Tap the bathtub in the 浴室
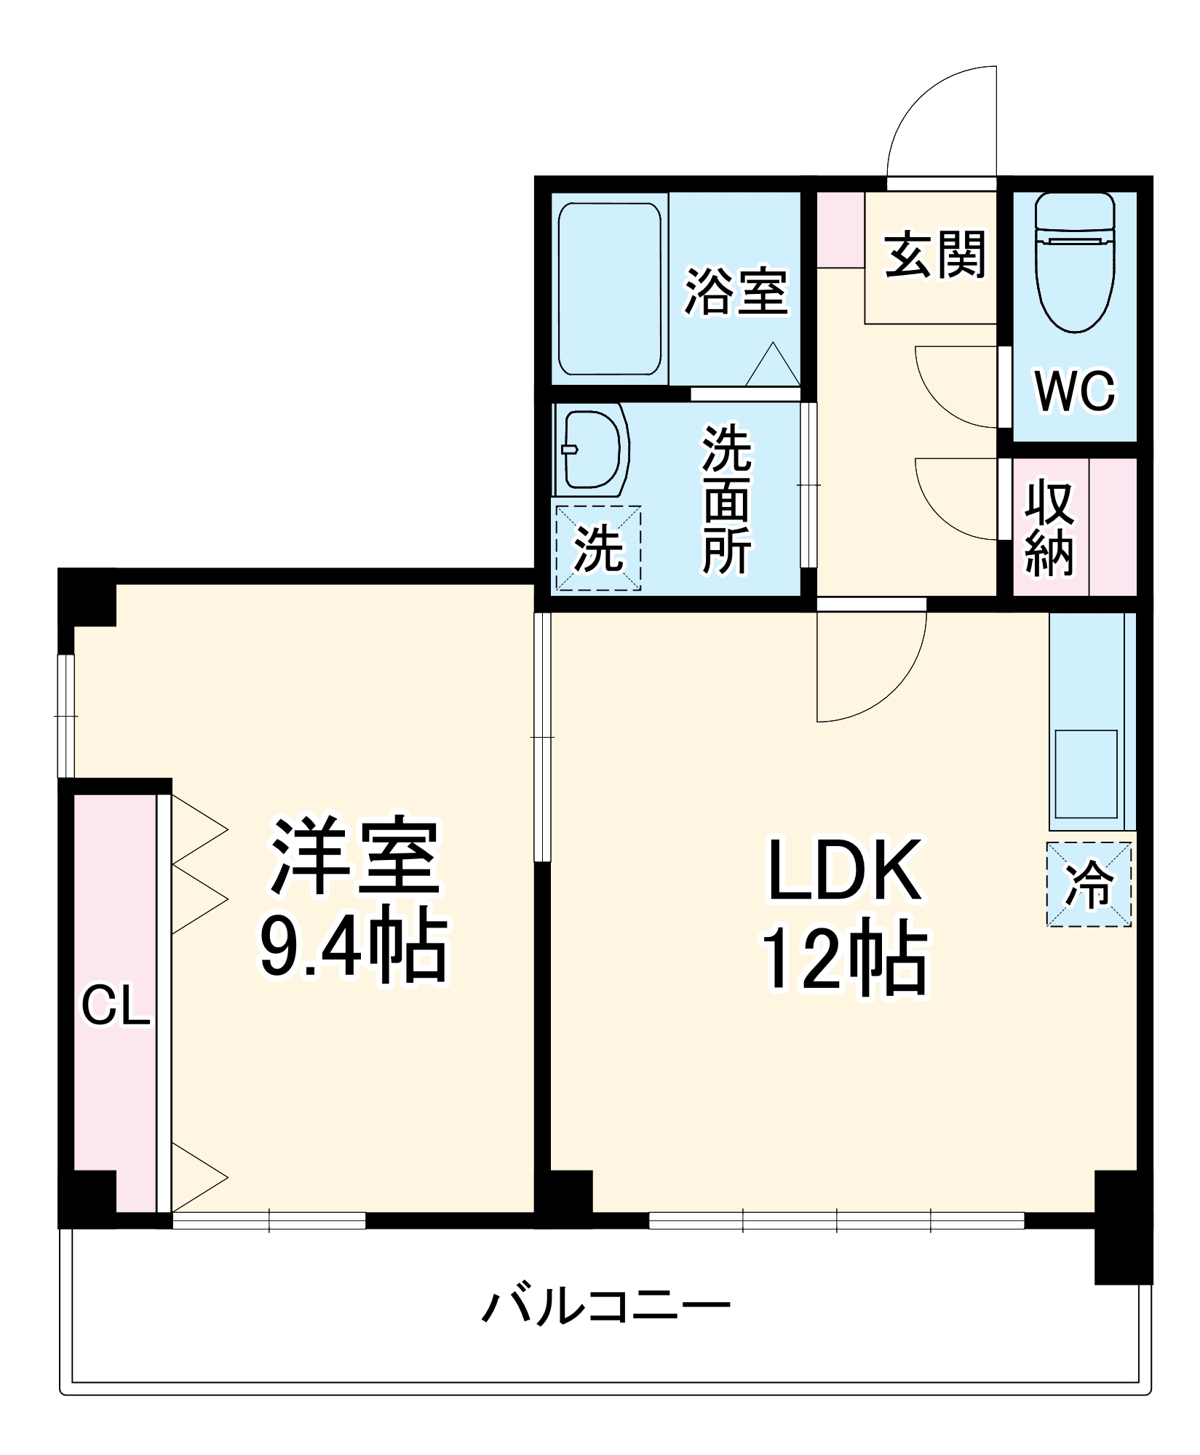(609, 289)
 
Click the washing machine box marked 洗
(598, 548)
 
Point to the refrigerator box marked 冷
(1089, 884)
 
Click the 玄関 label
(934, 255)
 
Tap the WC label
(1075, 391)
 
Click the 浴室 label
(736, 292)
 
